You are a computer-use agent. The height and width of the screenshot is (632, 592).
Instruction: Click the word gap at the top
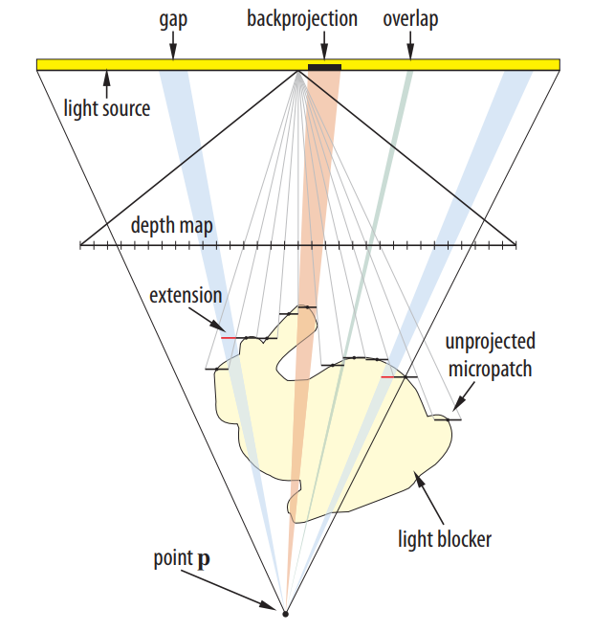pyautogui.click(x=173, y=20)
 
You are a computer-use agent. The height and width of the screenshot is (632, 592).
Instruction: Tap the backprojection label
pyautogui.click(x=302, y=19)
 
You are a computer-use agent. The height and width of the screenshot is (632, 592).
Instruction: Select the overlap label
pyautogui.click(x=410, y=19)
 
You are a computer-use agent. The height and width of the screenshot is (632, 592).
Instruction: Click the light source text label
pyautogui.click(x=107, y=108)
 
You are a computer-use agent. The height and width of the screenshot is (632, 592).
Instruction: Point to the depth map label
pyautogui.click(x=172, y=225)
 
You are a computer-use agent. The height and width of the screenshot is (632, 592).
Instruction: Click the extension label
pyautogui.click(x=186, y=296)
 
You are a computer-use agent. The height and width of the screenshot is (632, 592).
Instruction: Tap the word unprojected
pyautogui.click(x=491, y=342)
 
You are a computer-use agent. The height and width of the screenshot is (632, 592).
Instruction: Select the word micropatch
pyautogui.click(x=491, y=369)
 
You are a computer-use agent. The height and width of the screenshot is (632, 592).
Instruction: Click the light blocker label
pyautogui.click(x=445, y=539)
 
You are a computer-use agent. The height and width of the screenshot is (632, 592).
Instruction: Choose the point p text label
pyautogui.click(x=182, y=559)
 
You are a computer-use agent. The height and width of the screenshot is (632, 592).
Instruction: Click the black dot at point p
pyautogui.click(x=285, y=614)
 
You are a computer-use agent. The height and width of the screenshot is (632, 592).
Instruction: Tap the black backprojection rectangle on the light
pyautogui.click(x=324, y=67)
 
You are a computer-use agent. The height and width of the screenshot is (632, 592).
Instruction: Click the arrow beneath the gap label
pyautogui.click(x=173, y=46)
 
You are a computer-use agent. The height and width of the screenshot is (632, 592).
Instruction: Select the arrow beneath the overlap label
pyautogui.click(x=410, y=46)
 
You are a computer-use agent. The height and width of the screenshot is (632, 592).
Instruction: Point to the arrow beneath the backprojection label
pyautogui.click(x=325, y=46)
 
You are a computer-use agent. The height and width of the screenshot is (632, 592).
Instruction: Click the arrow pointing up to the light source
pyautogui.click(x=107, y=84)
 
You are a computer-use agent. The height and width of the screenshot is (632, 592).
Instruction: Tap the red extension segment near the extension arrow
pyautogui.click(x=229, y=338)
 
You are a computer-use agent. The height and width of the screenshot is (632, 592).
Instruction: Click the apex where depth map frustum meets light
pyautogui.click(x=297, y=72)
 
